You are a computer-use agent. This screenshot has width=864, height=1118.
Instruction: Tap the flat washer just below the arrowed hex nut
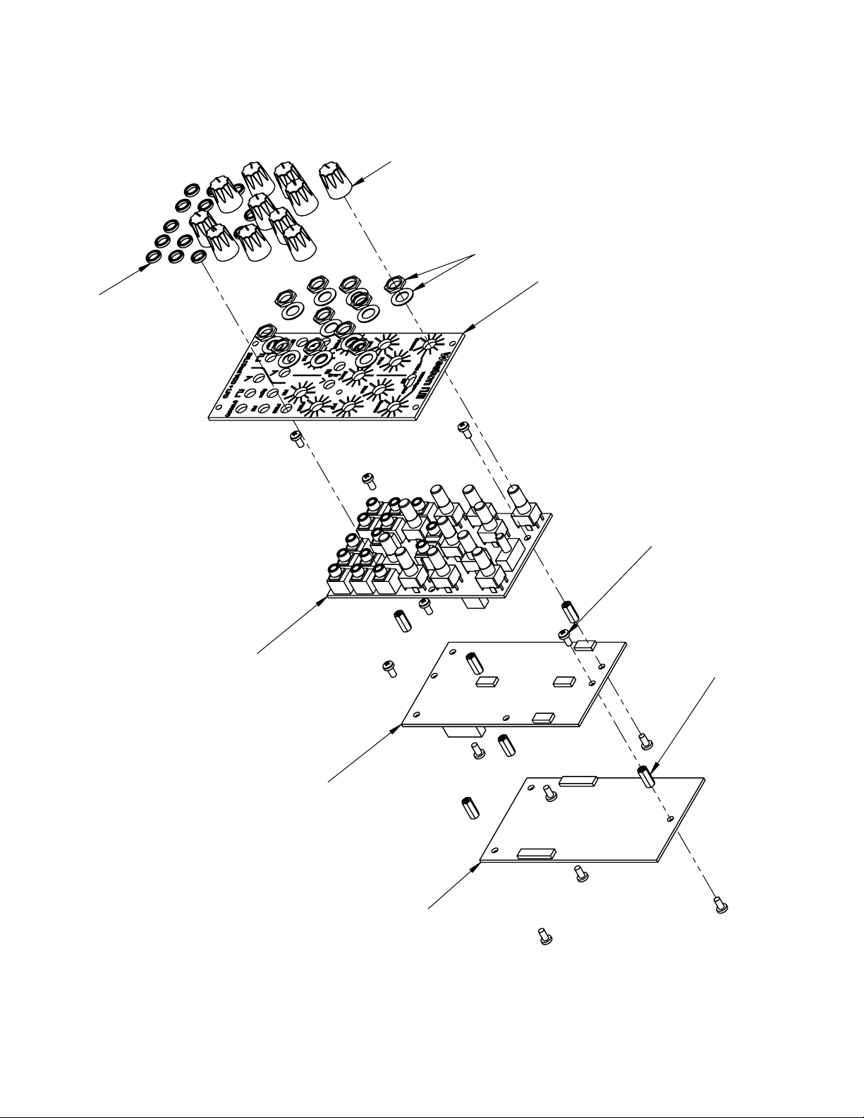399,300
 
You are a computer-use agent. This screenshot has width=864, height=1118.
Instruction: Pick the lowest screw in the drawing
544,937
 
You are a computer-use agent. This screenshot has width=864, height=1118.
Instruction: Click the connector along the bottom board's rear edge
578,781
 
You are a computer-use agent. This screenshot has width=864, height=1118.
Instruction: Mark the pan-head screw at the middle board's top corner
565,636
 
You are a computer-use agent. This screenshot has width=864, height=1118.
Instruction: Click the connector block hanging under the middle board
463,734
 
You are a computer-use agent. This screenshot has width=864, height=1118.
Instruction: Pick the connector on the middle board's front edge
542,717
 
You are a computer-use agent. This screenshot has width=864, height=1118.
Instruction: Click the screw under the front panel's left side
296,439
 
